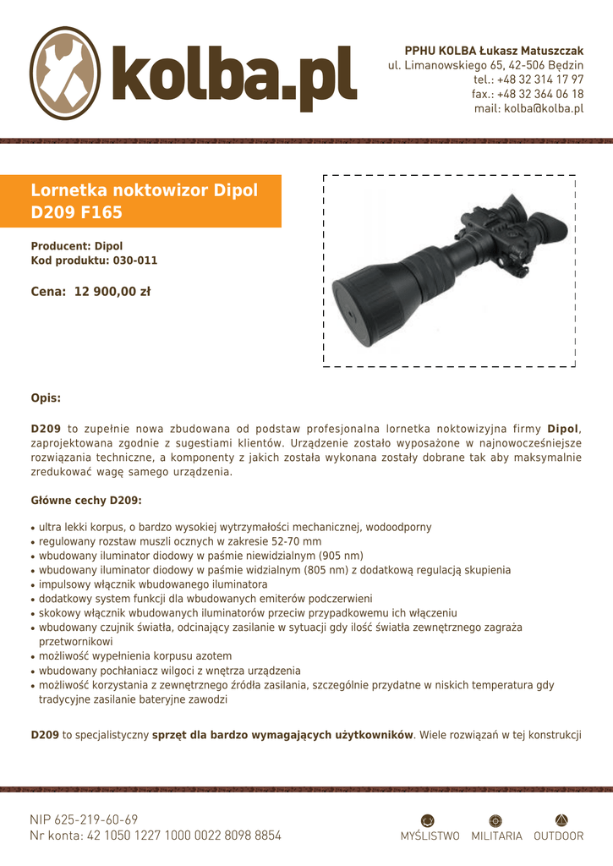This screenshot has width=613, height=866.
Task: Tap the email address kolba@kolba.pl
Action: click(529, 108)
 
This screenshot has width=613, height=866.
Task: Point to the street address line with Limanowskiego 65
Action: click(485, 65)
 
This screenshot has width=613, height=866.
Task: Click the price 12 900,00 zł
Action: click(112, 292)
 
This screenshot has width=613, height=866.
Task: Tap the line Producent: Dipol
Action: click(77, 246)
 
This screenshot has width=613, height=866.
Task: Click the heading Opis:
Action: click(46, 397)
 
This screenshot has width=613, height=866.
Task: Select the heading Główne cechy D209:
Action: click(86, 501)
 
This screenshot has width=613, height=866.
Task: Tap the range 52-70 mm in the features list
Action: click(293, 541)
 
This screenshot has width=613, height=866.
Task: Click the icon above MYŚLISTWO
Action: click(429, 819)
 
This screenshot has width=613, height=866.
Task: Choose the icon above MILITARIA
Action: click(496, 819)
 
